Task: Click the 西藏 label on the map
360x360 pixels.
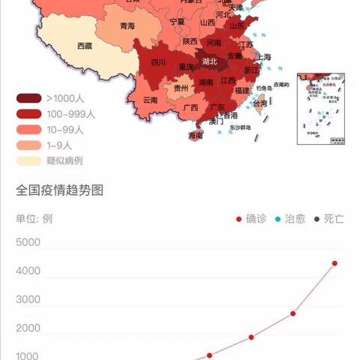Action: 84,46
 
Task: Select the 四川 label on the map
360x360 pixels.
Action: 158,62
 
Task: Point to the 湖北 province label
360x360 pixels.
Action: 210,62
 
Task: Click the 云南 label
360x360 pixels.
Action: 149,99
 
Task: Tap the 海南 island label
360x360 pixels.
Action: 195,136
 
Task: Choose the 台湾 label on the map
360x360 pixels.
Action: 259,103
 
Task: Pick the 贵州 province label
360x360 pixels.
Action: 181,88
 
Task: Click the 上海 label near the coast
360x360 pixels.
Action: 263,56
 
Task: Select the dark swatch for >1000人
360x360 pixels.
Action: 28,98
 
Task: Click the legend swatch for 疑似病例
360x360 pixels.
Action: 28,160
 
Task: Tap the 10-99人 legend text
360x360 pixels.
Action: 64,130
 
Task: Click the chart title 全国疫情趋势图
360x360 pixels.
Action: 59,190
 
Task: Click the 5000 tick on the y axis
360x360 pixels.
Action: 28,242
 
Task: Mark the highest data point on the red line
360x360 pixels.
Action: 334,263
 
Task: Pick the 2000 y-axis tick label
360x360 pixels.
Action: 28,328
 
